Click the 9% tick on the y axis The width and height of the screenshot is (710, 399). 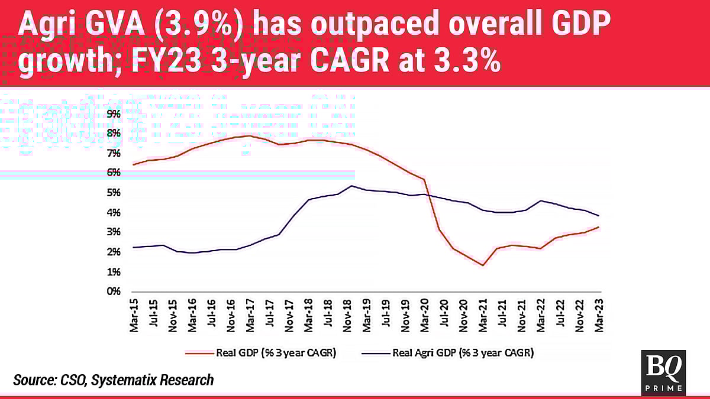point(114,113)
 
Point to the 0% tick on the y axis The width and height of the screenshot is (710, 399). point(114,291)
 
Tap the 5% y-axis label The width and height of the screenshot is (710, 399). point(114,193)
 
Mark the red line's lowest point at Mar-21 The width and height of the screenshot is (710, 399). point(483,265)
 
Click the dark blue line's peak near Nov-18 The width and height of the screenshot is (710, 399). point(351,186)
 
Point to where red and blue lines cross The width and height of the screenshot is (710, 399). point(428,195)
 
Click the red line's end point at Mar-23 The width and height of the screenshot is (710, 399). point(599,227)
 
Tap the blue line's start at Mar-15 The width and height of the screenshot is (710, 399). point(134,247)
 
